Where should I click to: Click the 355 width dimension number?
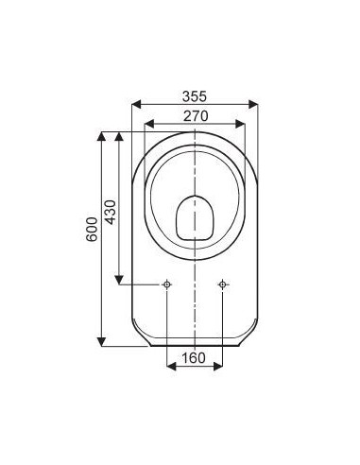(x=194, y=95)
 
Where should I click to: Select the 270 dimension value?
(x=194, y=115)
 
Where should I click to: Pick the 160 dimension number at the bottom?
(x=194, y=358)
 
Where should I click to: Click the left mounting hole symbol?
(x=166, y=284)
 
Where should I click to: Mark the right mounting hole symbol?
(x=222, y=284)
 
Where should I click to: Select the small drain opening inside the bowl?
(x=194, y=216)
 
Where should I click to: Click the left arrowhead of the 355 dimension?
(x=134, y=104)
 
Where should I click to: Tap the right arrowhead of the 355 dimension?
(x=255, y=104)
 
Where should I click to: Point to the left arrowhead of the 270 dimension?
(x=146, y=124)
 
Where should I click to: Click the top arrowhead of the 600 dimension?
(x=101, y=136)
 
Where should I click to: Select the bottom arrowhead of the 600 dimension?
(x=101, y=340)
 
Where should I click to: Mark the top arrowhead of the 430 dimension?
(x=119, y=136)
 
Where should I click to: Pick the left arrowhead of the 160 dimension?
(x=169, y=368)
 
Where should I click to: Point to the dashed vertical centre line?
(x=194, y=312)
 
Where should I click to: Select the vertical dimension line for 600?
(x=101, y=189)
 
